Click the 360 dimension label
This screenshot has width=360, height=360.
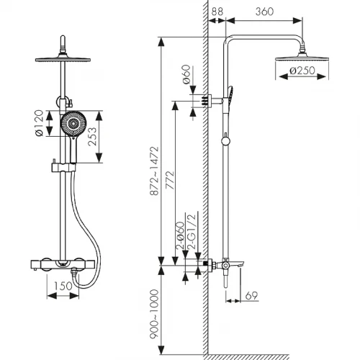pos(264,12)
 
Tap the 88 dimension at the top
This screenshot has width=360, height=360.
pos(217,12)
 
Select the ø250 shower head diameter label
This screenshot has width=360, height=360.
pos(302,71)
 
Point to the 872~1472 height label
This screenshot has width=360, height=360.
pos(154,171)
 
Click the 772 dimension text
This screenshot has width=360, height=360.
pos(170,180)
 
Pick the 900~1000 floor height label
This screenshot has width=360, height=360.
pos(154,314)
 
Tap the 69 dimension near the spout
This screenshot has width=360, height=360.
pos(251,295)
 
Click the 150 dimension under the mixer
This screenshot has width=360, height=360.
pos(63,286)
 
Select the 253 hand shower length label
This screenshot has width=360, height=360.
pos(92,136)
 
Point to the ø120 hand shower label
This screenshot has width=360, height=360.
pos(39,123)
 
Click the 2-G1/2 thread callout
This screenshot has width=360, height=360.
pos(192,232)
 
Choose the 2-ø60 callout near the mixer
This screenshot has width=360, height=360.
pos(180,235)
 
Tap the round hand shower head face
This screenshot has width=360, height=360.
pos(73,124)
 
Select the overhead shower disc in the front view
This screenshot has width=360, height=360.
pos(63,59)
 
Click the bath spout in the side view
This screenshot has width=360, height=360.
pos(236,264)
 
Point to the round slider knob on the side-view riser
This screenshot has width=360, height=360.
pos(225,141)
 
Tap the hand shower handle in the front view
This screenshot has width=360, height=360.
pos(73,150)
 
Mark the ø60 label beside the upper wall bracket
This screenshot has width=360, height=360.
pos(186,74)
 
